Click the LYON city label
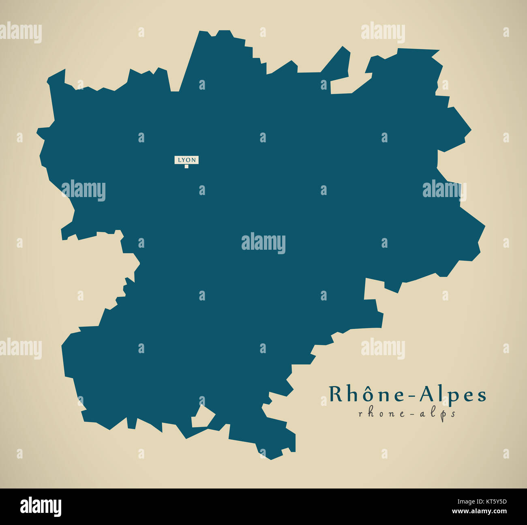pyautogui.click(x=186, y=160)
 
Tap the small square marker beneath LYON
pyautogui.click(x=186, y=166)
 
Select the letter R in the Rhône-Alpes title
pyautogui.click(x=335, y=394)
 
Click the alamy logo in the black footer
pyautogui.click(x=41, y=507)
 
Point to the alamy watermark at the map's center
pyautogui.click(x=263, y=243)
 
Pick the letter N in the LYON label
pyautogui.click(x=194, y=160)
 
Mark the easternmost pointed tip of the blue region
pyautogui.click(x=484, y=225)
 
